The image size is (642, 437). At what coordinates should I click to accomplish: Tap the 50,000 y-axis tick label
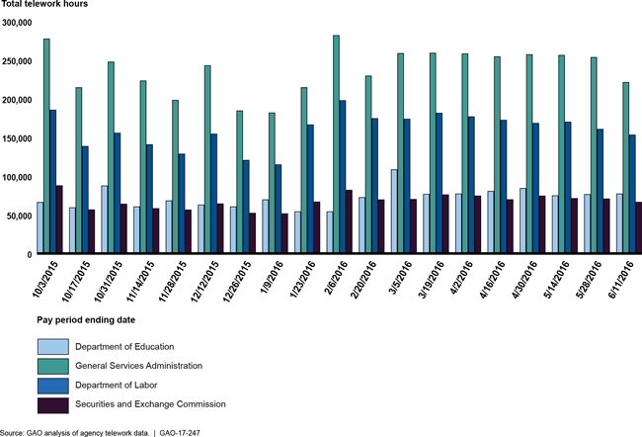click(21, 216)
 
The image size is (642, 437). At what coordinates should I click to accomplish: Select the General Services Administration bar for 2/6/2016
click(336, 144)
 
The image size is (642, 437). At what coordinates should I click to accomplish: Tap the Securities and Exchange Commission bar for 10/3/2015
click(59, 219)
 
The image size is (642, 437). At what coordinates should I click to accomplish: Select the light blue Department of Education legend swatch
click(53, 346)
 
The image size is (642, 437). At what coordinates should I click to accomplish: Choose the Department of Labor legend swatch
click(53, 386)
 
